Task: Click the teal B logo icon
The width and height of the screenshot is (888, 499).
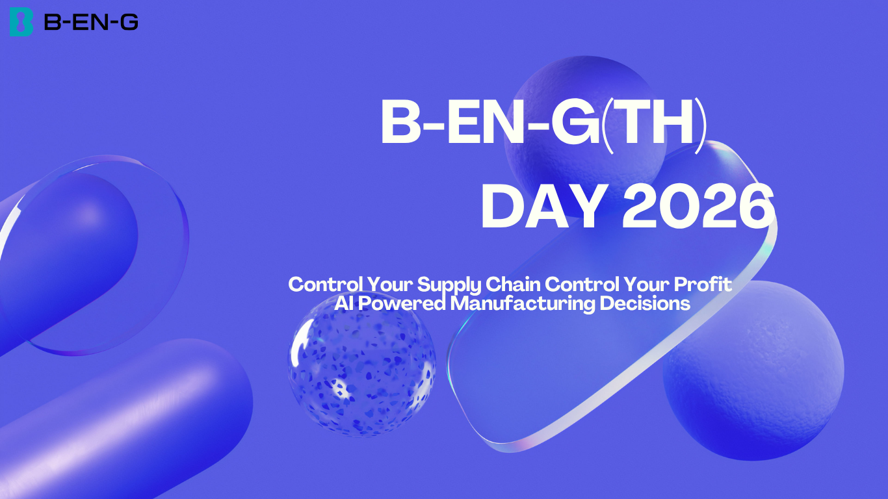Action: [x=21, y=22]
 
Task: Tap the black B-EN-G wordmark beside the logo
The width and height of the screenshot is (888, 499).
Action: [x=91, y=22]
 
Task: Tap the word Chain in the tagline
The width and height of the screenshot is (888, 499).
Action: [x=513, y=284]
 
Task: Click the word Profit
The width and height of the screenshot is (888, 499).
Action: [x=703, y=284]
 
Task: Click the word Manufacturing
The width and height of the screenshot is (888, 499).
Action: [x=523, y=304]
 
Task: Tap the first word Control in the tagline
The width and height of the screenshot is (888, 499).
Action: [x=325, y=284]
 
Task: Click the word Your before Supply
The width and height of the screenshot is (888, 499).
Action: [x=389, y=284]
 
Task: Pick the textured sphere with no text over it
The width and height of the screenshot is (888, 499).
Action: [x=753, y=370]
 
